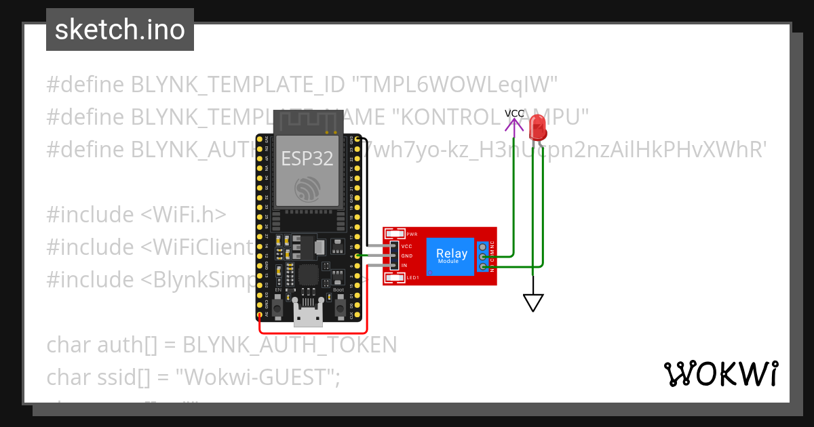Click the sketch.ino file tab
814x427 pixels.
click(120, 30)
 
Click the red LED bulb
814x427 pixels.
click(538, 127)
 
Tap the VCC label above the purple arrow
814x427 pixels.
click(514, 113)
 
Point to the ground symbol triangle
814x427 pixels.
click(534, 302)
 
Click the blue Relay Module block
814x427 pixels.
click(451, 257)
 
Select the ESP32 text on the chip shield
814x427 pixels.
click(308, 159)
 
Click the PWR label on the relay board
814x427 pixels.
click(411, 234)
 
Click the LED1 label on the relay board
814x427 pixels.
click(412, 277)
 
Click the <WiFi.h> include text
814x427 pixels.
click(184, 214)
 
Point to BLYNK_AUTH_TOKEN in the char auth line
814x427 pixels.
click(289, 345)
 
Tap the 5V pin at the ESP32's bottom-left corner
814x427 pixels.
click(260, 315)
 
